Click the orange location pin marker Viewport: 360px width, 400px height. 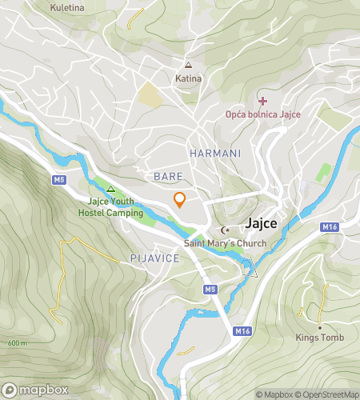[180, 201]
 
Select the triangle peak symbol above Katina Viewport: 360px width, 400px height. [189, 66]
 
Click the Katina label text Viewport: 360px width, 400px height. [189, 78]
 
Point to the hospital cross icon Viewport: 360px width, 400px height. [262, 101]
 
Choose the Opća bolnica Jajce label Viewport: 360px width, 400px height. [262, 115]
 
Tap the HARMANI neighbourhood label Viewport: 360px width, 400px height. [210, 152]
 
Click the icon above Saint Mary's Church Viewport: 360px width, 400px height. [223, 230]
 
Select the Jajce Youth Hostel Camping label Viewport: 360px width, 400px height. [110, 207]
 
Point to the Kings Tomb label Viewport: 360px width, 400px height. [319, 338]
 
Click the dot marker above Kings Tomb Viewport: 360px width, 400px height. [319, 327]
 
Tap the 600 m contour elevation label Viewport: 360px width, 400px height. [17, 342]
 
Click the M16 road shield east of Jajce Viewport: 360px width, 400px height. [330, 227]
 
